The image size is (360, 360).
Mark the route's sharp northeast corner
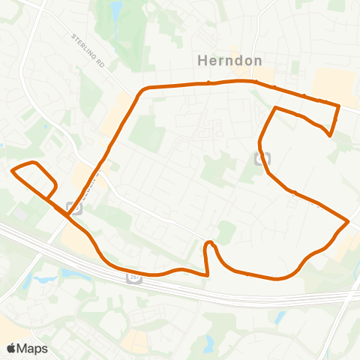(x=339, y=106)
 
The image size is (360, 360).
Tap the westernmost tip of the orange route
(x=12, y=171)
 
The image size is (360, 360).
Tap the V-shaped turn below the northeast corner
(x=330, y=135)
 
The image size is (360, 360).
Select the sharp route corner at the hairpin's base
(x=207, y=274)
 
